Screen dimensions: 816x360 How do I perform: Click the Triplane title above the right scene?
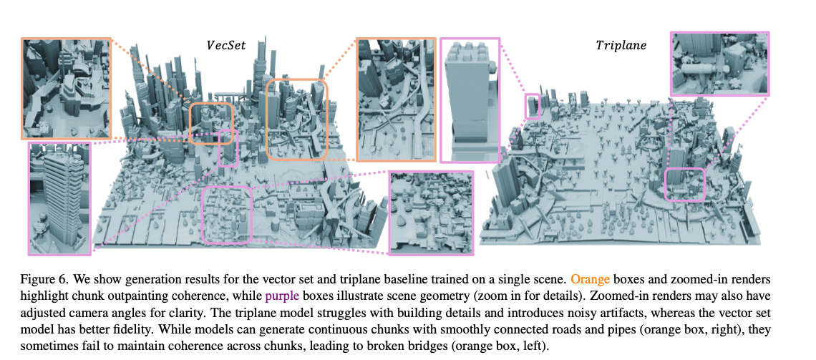[621, 45]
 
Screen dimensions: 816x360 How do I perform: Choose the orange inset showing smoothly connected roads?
[396, 98]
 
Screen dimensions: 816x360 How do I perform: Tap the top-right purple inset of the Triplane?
[719, 64]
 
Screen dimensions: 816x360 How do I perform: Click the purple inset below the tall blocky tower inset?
[432, 213]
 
